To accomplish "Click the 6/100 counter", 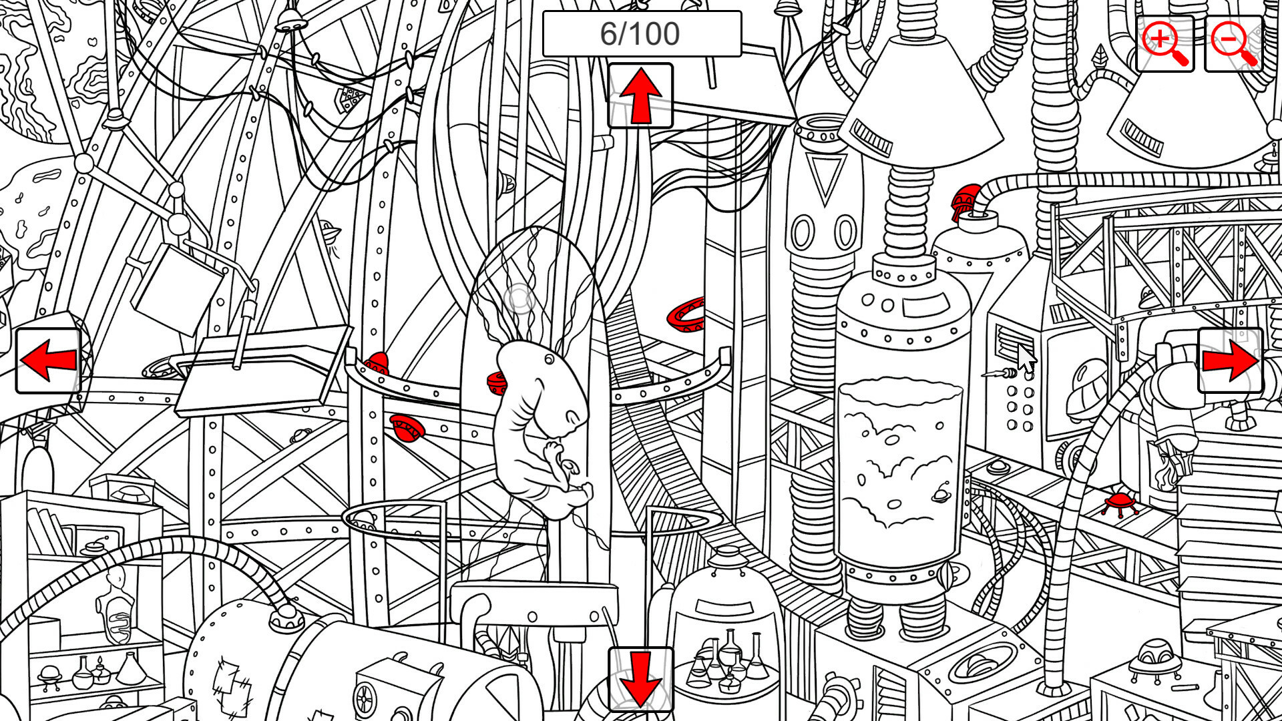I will coord(641,33).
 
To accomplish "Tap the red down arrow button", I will coord(640,678).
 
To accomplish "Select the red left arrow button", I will coord(48,360).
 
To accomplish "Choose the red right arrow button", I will coord(1230,360).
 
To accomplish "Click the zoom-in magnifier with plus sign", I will coord(1164,43).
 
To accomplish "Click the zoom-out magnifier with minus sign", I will coord(1234,43).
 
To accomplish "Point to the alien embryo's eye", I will coord(549,360).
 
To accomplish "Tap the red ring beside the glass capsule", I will coord(686,314).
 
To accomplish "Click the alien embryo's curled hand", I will coord(554,454).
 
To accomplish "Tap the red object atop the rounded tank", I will coord(966,200).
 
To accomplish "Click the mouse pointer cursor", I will coord(1027,359).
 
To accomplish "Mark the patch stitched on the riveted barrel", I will coord(230,681).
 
